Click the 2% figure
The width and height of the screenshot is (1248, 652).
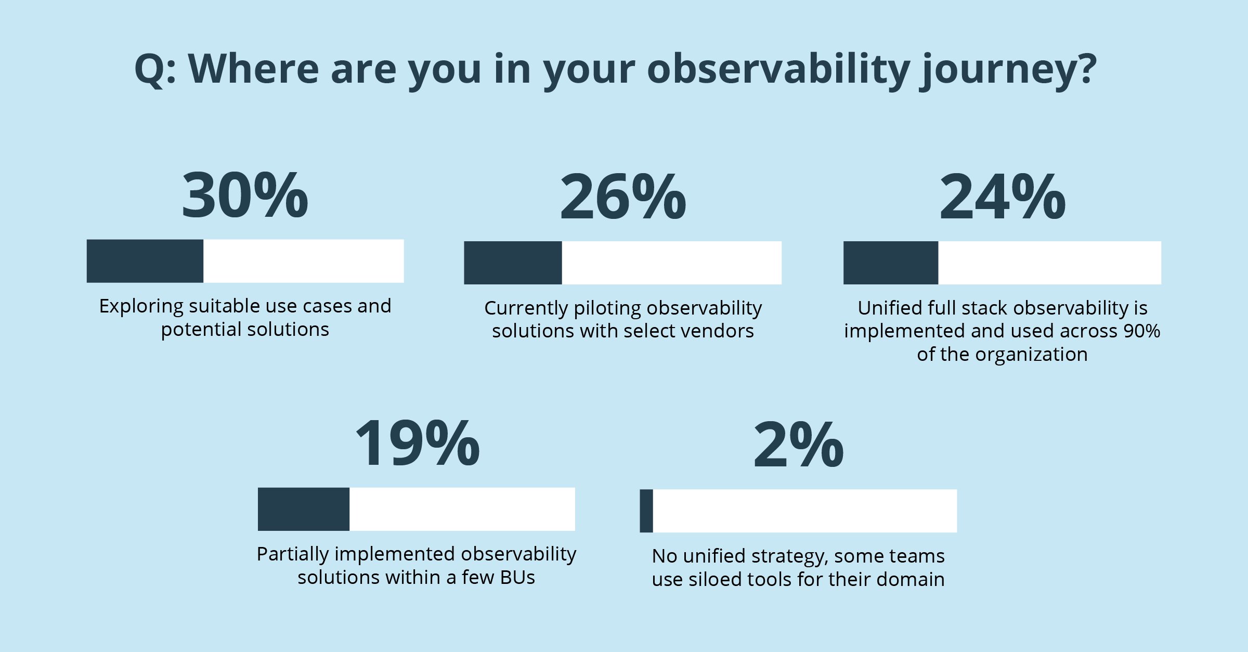[x=798, y=446]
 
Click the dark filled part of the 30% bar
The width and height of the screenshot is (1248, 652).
[x=145, y=261]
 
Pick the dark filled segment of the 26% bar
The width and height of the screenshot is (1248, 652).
[x=513, y=263]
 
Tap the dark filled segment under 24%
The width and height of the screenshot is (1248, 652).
[x=891, y=263]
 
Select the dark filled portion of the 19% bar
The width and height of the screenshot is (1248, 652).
[x=304, y=509]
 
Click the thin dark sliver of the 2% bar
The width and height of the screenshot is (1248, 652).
[x=646, y=511]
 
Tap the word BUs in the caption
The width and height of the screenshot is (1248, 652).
[x=517, y=578]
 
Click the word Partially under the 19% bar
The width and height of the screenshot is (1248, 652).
[x=292, y=555]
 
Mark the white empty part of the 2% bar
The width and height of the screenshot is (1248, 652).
[x=804, y=511]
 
